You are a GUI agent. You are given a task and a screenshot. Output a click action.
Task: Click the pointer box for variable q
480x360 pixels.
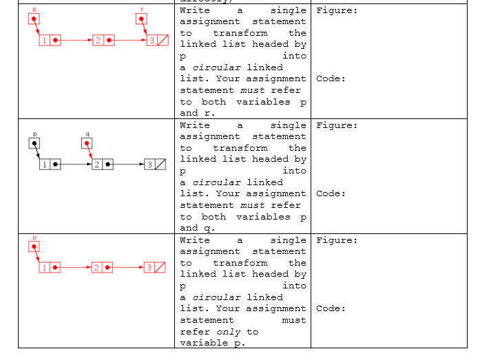(x=87, y=143)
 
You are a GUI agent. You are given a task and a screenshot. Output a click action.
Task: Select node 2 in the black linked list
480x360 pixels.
(x=103, y=165)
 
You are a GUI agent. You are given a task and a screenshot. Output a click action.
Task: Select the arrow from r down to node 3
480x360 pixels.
(x=143, y=30)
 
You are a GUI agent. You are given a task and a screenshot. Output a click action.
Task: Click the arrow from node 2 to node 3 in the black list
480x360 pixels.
(x=129, y=165)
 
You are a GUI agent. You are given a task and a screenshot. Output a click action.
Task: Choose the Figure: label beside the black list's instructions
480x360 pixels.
(x=337, y=125)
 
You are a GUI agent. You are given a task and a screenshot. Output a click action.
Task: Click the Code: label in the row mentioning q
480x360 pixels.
(x=331, y=193)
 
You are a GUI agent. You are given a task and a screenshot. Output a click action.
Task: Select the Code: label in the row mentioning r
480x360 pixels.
(x=331, y=78)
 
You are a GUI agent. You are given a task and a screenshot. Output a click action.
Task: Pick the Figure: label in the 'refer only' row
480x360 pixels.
(x=337, y=240)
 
